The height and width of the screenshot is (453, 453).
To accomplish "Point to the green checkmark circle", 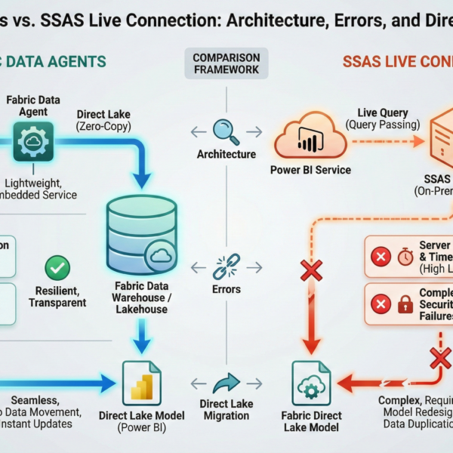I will tap(58, 268).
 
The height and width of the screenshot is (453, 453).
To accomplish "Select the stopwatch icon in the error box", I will tap(405, 257).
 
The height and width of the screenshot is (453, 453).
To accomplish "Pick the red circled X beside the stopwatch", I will tap(381, 257).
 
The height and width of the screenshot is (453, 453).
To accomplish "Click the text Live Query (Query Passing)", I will tap(377, 116).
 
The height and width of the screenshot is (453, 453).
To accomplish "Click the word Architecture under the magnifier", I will tap(226, 154).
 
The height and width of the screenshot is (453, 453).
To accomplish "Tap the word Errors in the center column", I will tap(226, 288).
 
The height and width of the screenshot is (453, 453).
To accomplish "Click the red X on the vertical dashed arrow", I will tap(310, 270).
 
